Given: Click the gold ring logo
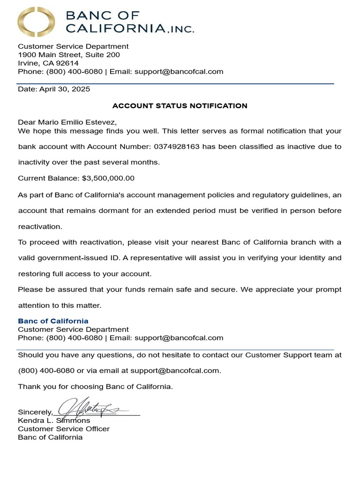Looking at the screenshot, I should (x=37, y=22).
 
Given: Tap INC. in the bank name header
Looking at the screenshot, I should (x=180, y=29).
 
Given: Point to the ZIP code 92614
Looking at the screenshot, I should (x=68, y=63).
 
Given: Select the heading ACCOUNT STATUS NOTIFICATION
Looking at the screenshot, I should (x=180, y=106).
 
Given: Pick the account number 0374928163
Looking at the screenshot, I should (x=176, y=147).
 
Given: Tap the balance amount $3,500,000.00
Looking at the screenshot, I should (x=108, y=178).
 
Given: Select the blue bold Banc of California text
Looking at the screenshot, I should (x=53, y=321).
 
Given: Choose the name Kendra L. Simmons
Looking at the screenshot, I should (x=54, y=420).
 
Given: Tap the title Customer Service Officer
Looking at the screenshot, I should (x=64, y=429).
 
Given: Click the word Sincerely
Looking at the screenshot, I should (x=35, y=412).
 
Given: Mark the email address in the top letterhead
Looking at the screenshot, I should (x=179, y=72).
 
